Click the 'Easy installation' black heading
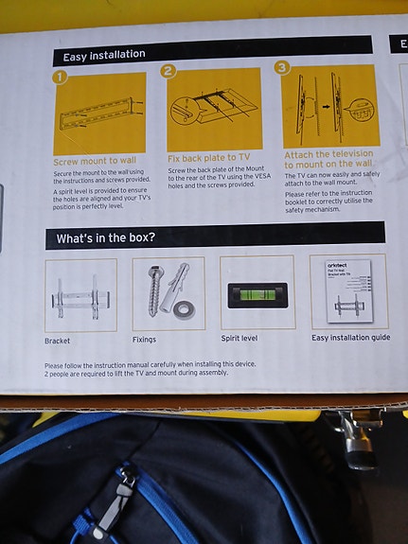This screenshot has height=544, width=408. coord(100,55)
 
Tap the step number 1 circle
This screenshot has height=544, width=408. coord(60,78)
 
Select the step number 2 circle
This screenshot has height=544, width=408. coord(169,72)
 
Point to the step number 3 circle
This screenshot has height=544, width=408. coord(282,67)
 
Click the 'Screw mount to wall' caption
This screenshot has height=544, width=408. coord(95,161)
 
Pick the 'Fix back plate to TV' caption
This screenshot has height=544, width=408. coord(208,156)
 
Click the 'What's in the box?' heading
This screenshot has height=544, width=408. coord(106,238)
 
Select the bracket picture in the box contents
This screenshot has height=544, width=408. coord(80,295)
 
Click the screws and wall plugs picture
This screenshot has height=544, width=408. coord(169,292)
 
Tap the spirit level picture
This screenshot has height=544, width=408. coord(257,294)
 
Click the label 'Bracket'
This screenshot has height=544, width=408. coord(57,341)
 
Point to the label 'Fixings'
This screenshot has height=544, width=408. coord(145,339)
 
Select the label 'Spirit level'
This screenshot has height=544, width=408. coord(244,337)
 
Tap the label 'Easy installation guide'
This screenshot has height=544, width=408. coord(350,337)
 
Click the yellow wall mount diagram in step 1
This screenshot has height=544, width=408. coord(99,114)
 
